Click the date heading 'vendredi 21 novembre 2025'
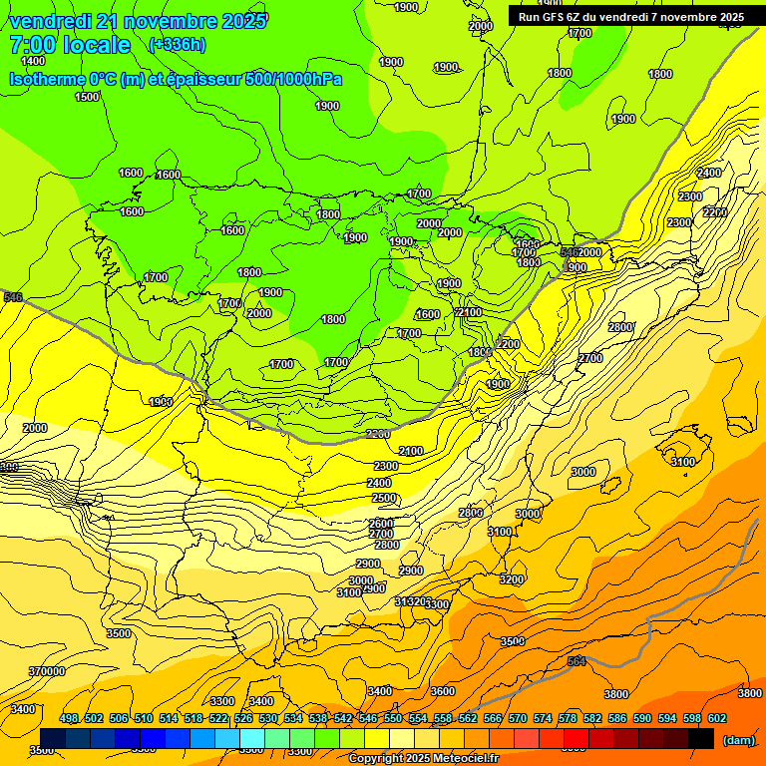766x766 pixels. pyautogui.click(x=139, y=21)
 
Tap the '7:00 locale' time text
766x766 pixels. pyautogui.click(x=70, y=45)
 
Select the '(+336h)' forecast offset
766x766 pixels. pyautogui.click(x=177, y=45)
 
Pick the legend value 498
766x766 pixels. pyautogui.click(x=69, y=718)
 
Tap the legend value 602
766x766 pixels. pyautogui.click(x=717, y=718)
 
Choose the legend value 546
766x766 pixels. pyautogui.click(x=368, y=718)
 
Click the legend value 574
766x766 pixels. pyautogui.click(x=543, y=718)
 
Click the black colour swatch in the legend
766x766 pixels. pyautogui.click(x=701, y=738)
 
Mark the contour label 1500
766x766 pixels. pyautogui.click(x=87, y=97)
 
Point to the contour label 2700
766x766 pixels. pyautogui.click(x=590, y=358)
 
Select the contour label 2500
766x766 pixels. pyautogui.click(x=383, y=498)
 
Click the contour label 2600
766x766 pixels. pyautogui.click(x=381, y=524)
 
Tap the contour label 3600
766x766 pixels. pyautogui.click(x=443, y=691)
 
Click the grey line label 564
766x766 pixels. pyautogui.click(x=576, y=661)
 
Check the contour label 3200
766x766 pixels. pyautogui.click(x=512, y=579)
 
